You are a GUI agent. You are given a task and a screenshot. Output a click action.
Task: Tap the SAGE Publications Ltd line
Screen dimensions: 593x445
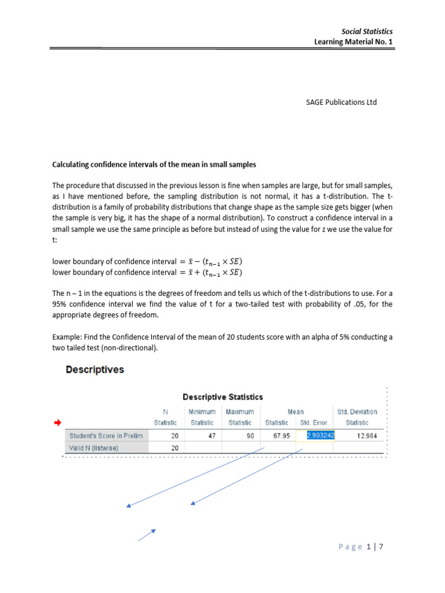pyautogui.click(x=341, y=103)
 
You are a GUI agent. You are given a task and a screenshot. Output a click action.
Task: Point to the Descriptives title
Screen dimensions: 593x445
pyautogui.click(x=94, y=369)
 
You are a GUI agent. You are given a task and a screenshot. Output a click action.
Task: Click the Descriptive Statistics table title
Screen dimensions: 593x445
pyautogui.click(x=222, y=397)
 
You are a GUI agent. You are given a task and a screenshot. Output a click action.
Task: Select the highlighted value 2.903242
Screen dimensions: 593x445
pyautogui.click(x=316, y=435)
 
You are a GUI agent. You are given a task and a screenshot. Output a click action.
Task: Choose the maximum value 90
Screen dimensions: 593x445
pyautogui.click(x=249, y=435)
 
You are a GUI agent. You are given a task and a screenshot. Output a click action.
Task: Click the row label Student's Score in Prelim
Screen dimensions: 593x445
pyautogui.click(x=105, y=435)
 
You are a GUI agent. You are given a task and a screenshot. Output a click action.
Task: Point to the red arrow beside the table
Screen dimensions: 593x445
pyautogui.click(x=57, y=424)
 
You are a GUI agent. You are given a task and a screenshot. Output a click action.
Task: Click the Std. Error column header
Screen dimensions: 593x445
pyautogui.click(x=313, y=423)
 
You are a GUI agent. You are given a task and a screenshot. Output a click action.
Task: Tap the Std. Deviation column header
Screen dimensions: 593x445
pyautogui.click(x=357, y=412)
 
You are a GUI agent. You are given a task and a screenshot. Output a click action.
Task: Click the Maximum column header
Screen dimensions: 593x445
pyautogui.click(x=240, y=412)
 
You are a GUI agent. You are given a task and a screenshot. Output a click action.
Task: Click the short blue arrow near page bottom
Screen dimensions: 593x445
pyautogui.click(x=147, y=535)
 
